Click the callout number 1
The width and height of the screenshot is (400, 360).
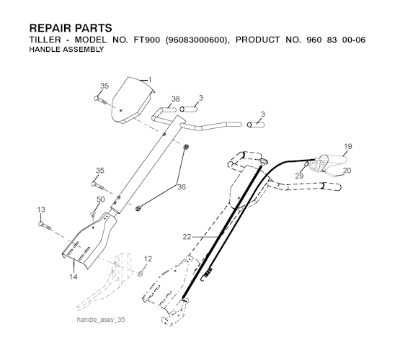[x=150, y=80]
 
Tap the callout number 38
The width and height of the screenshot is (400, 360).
[x=176, y=99]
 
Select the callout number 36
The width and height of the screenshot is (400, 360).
[x=182, y=186]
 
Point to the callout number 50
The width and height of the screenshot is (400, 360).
[x=101, y=199]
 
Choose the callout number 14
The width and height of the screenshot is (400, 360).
[x=74, y=276]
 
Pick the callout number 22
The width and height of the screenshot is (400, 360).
[x=187, y=237]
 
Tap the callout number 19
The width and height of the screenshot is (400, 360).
[x=348, y=146]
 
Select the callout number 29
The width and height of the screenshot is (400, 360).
[x=300, y=176]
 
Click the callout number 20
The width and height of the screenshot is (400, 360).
[x=347, y=171]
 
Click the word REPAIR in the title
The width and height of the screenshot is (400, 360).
[x=48, y=28]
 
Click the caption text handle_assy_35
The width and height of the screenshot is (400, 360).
[x=101, y=320]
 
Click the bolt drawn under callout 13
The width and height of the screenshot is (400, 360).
[x=45, y=225]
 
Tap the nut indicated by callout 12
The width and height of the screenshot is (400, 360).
[x=140, y=274]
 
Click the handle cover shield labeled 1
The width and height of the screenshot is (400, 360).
[x=133, y=100]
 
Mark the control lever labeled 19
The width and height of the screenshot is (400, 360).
[x=330, y=161]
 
